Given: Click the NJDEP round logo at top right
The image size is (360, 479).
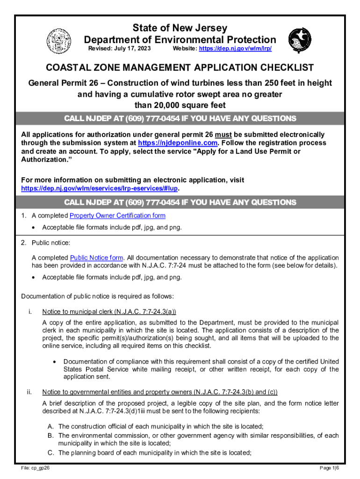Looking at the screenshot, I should click(x=299, y=39).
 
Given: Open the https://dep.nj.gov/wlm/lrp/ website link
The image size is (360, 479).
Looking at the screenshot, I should click(x=235, y=49).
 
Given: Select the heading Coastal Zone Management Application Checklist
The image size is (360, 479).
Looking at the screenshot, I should click(x=180, y=68).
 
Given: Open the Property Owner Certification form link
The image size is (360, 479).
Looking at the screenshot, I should click(x=117, y=216).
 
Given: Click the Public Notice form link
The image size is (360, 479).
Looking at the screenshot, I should click(x=97, y=258).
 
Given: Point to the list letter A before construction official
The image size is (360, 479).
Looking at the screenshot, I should click(x=50, y=426).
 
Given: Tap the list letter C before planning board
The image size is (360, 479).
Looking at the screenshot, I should click(x=50, y=452).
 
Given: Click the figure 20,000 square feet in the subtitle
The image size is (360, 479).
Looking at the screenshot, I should click(x=180, y=105).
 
